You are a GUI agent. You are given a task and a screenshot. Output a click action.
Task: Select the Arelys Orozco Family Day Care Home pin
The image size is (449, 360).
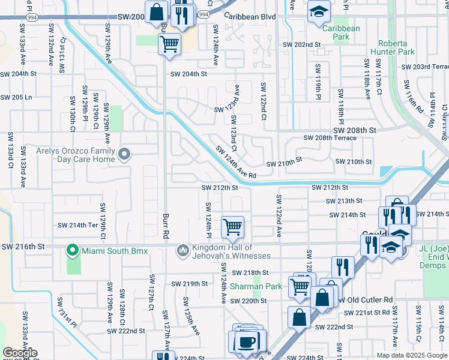[124, 155]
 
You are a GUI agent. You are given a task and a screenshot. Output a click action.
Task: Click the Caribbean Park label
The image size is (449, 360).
[341, 32]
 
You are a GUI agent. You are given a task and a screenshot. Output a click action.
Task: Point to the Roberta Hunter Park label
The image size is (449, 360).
[396, 47]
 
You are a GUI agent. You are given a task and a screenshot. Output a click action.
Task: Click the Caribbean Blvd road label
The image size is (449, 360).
[250, 17]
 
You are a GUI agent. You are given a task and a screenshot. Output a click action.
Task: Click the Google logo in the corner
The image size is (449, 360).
[20, 353]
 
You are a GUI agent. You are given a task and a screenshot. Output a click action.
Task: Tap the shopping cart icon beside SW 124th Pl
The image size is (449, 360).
[232, 227]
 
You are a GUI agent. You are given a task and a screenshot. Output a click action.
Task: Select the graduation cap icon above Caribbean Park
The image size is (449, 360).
[319, 11]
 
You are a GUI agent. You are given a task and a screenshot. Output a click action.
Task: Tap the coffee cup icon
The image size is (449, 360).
[245, 341]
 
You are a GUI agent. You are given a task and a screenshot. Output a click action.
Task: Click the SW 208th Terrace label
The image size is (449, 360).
[330, 138]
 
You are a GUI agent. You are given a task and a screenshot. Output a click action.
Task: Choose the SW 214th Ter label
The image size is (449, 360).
[77, 225]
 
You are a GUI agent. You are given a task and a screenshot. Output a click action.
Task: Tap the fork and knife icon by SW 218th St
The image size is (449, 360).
[343, 266]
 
